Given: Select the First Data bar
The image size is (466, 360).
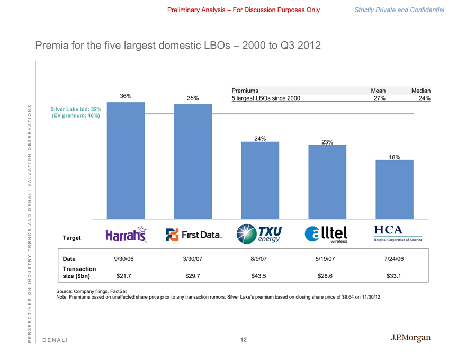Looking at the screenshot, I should point(193,161).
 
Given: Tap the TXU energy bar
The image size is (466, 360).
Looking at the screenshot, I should point(260,180).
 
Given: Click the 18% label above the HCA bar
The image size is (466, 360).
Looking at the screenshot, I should point(395,157).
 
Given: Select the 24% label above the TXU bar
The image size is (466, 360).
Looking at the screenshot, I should point(260,139).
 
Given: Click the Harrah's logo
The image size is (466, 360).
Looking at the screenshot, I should point(126,235).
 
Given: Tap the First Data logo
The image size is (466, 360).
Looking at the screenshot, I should point(193,235).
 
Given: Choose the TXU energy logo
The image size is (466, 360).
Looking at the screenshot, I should point(259,234).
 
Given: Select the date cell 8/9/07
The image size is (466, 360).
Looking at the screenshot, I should point(259,259).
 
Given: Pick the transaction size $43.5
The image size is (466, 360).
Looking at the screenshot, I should point(259,275).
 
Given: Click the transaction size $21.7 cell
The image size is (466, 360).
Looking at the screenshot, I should point(125,275).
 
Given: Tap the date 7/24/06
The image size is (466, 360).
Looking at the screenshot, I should point(394,259).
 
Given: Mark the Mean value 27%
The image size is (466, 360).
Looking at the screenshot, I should point(379,98).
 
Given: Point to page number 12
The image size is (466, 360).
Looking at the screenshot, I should point(243,340).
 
